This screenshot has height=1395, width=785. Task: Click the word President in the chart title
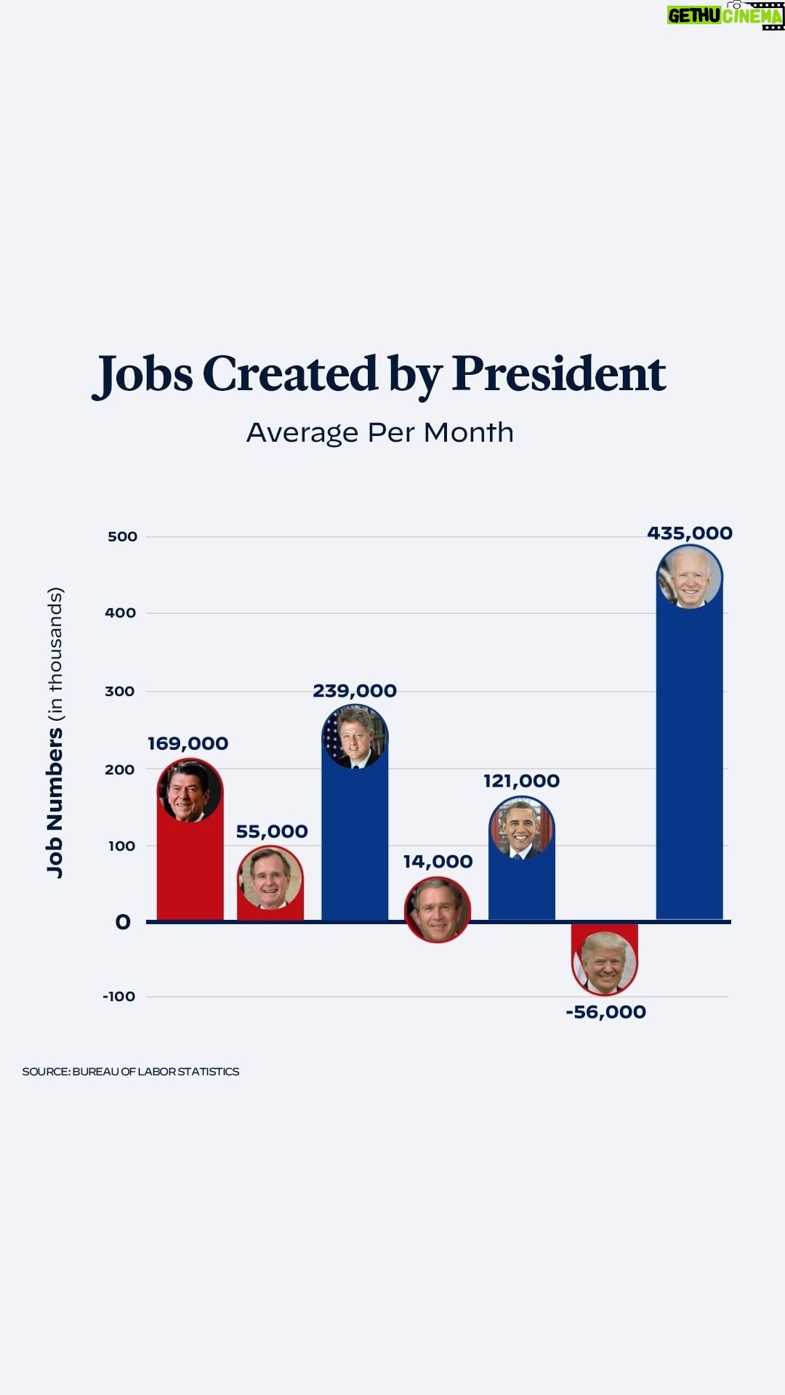(558, 374)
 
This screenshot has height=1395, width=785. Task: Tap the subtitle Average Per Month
(380, 432)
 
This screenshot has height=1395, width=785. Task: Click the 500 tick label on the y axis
(122, 537)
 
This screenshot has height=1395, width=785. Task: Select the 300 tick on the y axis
(120, 691)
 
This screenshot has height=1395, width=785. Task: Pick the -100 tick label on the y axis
(118, 996)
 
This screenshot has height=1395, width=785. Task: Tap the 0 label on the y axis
(123, 922)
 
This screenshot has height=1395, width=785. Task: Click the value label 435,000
(689, 533)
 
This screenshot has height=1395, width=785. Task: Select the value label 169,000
(188, 743)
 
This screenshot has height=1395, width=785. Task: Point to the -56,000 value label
(605, 1012)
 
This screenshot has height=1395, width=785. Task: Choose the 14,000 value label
(438, 862)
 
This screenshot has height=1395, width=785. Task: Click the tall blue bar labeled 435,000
(689, 763)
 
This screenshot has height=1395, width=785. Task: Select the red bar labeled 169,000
(190, 872)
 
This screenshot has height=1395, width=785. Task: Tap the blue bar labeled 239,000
(355, 843)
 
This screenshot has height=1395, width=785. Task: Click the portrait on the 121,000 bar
(521, 828)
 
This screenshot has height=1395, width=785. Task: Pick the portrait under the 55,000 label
(270, 878)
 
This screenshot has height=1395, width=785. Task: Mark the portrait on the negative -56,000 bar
(605, 963)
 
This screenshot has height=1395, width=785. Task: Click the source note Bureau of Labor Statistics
(130, 1072)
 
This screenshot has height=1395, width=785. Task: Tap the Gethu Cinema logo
(725, 15)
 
